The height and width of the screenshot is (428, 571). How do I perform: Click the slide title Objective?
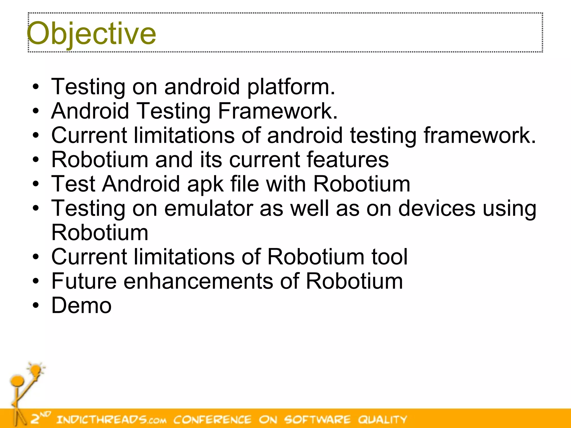pyautogui.click(x=91, y=33)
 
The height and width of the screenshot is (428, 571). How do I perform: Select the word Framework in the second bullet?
pyautogui.click(x=277, y=111)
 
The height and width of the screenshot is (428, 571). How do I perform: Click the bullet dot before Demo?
pyautogui.click(x=36, y=305)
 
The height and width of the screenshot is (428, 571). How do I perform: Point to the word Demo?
pyautogui.click(x=81, y=305)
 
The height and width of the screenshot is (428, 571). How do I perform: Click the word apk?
pyautogui.click(x=205, y=184)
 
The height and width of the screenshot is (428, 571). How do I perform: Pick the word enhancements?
pyautogui.click(x=198, y=281)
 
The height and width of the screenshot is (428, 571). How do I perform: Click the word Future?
pyautogui.click(x=84, y=281)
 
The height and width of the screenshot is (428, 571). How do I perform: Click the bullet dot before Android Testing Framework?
pyautogui.click(x=36, y=111)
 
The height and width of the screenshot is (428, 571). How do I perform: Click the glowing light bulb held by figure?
pyautogui.click(x=36, y=370)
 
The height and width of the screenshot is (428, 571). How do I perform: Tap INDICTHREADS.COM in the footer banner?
pyautogui.click(x=111, y=419)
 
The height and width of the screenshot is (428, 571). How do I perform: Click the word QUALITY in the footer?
pyautogui.click(x=383, y=419)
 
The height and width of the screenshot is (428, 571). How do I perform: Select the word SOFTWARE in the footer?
pyautogui.click(x=317, y=419)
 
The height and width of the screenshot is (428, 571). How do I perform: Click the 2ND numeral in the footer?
pyautogui.click(x=40, y=418)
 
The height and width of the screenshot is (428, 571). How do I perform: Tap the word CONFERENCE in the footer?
pyautogui.click(x=212, y=419)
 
